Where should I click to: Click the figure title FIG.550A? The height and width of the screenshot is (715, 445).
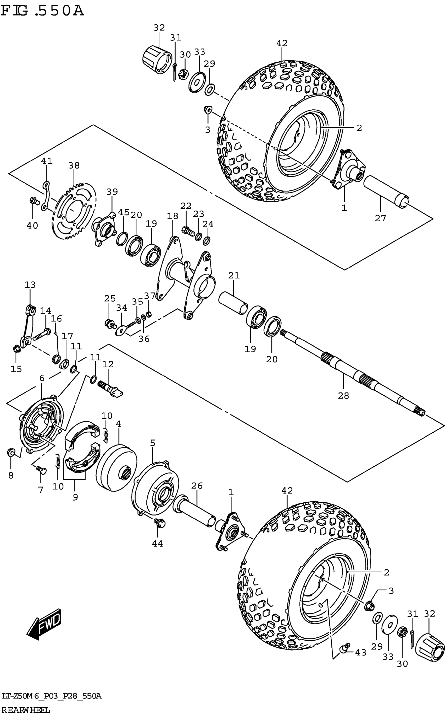[x=43, y=11]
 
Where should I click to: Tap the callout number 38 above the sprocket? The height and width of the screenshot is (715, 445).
[x=74, y=165]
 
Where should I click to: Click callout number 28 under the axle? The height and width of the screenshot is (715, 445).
[x=343, y=396]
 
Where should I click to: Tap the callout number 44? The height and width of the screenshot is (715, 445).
[x=158, y=544]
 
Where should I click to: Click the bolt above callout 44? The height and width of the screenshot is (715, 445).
[x=159, y=523]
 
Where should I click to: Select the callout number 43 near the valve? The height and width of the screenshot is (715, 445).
[x=361, y=653]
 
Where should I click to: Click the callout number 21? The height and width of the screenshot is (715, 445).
[x=234, y=276]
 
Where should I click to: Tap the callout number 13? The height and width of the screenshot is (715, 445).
[x=30, y=285]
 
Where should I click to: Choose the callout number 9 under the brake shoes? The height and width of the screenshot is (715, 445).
[x=75, y=497]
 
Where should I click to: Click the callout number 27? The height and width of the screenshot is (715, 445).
[x=380, y=218]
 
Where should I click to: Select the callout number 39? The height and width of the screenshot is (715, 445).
[x=112, y=192]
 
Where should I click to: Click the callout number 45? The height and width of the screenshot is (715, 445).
[x=124, y=212]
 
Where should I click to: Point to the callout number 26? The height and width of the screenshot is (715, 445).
[x=197, y=485]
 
